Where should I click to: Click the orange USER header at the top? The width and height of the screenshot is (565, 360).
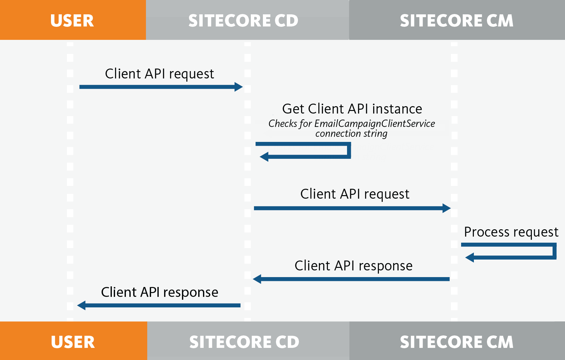(x=73, y=20)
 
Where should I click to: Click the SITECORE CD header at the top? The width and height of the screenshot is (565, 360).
(x=247, y=20)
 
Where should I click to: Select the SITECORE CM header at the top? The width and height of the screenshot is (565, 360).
(x=457, y=20)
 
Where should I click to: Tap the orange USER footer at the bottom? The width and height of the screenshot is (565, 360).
(x=73, y=341)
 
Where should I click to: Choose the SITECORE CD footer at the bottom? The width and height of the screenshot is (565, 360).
(x=248, y=341)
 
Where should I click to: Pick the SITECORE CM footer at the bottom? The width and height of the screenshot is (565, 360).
(x=457, y=341)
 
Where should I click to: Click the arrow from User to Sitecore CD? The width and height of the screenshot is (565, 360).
(x=161, y=87)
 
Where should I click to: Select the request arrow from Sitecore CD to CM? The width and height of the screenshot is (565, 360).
(x=352, y=208)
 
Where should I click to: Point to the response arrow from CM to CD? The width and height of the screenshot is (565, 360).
(x=351, y=279)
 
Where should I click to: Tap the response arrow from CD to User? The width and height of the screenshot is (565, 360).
(x=159, y=305)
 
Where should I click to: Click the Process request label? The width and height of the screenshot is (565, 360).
(x=511, y=232)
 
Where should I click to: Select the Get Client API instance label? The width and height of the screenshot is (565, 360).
(x=352, y=109)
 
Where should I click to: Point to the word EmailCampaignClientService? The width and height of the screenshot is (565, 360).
(x=374, y=123)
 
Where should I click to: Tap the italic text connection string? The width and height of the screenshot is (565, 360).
(x=351, y=134)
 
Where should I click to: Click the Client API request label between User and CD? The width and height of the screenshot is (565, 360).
(x=159, y=74)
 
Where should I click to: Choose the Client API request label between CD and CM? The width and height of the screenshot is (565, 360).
(x=355, y=194)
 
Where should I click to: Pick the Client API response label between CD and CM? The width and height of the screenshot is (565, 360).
(x=353, y=266)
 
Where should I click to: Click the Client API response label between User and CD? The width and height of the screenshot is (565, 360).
(x=160, y=292)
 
